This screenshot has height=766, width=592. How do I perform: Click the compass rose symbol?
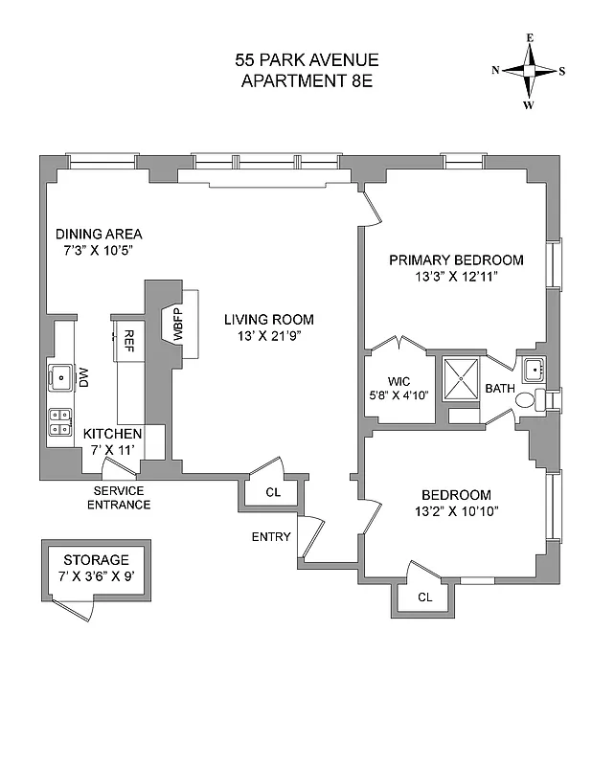[x=528, y=70]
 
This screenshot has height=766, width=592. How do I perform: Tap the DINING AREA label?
[x=99, y=234]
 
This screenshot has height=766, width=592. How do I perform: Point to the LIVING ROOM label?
[x=269, y=320]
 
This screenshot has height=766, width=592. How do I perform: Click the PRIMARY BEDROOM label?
[x=455, y=259]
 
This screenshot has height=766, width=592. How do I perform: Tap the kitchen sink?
[x=62, y=376]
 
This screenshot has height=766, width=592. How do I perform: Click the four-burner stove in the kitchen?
[x=61, y=422]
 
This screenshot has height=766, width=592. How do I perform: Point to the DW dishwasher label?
[x=83, y=377]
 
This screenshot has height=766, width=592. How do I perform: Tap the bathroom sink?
[x=533, y=368]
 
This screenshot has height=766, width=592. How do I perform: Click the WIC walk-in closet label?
[x=399, y=378]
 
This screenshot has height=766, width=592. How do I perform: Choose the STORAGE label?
[x=95, y=560]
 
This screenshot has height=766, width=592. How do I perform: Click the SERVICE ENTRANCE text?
[x=119, y=498]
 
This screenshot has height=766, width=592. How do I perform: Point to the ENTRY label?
[x=271, y=537]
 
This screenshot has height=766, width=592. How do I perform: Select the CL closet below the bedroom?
[x=424, y=597]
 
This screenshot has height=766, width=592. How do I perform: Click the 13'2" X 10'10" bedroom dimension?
[x=456, y=510]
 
